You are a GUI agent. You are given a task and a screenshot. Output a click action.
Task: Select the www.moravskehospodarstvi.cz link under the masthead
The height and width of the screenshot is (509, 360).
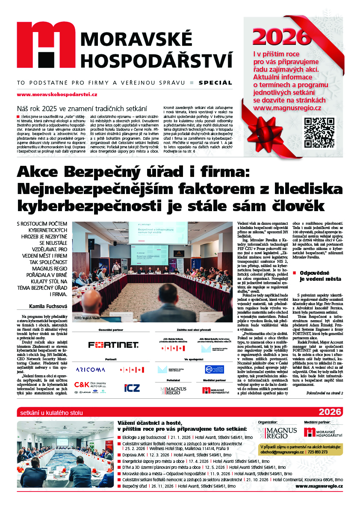click(x=57, y=94)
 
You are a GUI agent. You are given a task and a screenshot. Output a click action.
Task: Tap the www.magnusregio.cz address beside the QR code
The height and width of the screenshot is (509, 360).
click(x=287, y=108)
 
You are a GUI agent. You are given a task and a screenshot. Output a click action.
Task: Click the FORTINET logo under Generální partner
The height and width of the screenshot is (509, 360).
click(x=113, y=344)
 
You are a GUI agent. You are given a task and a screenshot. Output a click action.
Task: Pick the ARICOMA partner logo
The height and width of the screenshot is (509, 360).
click(x=93, y=369)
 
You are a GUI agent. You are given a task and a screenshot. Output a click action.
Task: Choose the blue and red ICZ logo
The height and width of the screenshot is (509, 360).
click(x=131, y=388)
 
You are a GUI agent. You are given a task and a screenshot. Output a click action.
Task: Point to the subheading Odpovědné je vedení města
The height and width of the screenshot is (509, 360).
click(x=320, y=276)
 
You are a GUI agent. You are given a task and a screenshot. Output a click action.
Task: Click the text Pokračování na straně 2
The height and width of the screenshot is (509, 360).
click(x=325, y=393)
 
